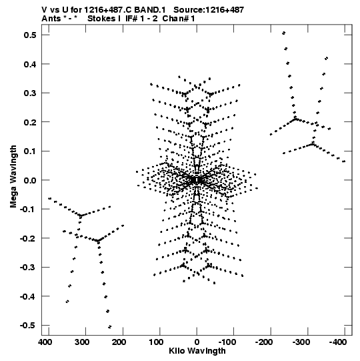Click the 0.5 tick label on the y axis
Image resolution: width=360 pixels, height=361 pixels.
30,35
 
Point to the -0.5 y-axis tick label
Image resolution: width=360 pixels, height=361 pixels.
28,326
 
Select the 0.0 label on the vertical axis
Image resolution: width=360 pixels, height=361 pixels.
30,180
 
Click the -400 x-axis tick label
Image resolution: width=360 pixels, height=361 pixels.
338,342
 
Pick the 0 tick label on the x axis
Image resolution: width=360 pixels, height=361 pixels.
197,342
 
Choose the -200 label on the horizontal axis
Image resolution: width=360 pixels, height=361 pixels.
264,342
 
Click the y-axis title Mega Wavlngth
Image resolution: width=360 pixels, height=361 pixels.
13,177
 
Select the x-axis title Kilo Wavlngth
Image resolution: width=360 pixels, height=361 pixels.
197,351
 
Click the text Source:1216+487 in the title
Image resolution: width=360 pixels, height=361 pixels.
209,10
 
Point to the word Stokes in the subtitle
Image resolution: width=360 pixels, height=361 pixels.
102,19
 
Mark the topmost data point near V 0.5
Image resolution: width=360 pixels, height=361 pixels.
284,33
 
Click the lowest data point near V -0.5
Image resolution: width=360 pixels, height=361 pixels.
110,327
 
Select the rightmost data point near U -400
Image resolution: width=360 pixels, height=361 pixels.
344,161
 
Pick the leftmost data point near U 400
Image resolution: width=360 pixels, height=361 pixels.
49,198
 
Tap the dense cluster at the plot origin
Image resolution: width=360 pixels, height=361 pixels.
197,180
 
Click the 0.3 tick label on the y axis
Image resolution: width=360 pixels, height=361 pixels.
30,93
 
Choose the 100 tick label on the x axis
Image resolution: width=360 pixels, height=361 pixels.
156,342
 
